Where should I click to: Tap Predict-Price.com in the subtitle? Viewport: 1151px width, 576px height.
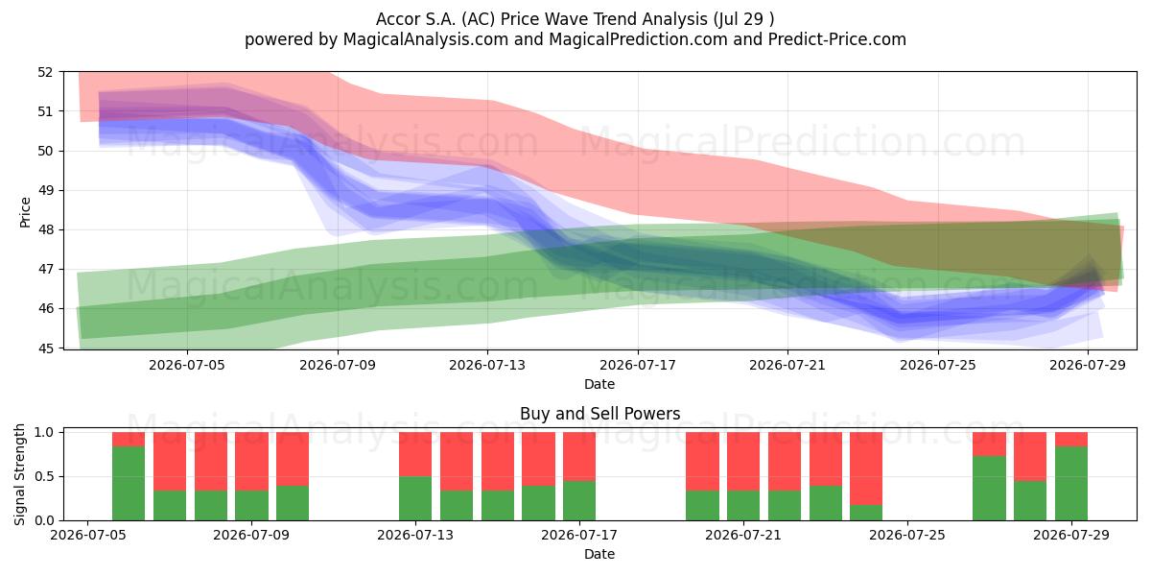(x=837, y=39)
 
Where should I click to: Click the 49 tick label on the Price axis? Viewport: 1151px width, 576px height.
(x=45, y=190)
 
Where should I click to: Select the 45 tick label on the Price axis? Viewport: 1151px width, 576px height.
(x=45, y=348)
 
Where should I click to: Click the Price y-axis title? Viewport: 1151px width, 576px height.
(x=25, y=212)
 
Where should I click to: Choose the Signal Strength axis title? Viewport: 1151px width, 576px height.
(x=19, y=474)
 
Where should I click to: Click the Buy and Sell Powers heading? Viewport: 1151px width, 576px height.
(x=599, y=414)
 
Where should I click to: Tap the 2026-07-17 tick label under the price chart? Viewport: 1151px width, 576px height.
(x=638, y=365)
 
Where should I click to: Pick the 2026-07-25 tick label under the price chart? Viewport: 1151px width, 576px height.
(x=938, y=365)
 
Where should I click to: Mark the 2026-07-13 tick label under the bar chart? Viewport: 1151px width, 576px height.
(x=415, y=535)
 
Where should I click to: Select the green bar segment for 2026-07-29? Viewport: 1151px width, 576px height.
(x=1071, y=484)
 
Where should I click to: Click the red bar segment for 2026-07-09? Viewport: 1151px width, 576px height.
(x=251, y=462)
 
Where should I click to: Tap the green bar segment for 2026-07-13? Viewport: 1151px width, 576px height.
(x=415, y=498)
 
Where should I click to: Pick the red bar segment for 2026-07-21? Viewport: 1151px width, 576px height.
(x=743, y=462)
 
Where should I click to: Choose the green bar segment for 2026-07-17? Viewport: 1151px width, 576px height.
(x=579, y=500)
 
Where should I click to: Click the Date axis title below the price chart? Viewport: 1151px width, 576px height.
(x=599, y=384)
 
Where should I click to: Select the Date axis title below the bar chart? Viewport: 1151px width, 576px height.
(x=599, y=554)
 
